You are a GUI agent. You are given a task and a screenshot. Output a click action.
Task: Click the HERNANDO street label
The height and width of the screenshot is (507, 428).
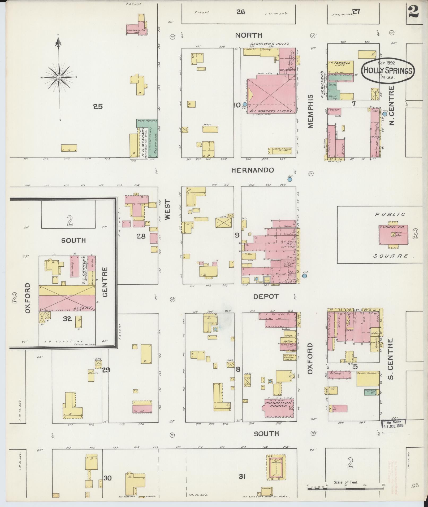252,170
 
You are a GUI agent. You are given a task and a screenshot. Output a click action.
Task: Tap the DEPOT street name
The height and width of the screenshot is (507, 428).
266,297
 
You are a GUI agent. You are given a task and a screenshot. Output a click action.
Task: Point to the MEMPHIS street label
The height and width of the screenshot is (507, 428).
311,111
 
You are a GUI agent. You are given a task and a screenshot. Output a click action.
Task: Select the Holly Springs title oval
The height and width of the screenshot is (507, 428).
388,70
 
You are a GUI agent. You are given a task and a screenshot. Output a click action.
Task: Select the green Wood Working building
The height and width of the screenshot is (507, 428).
147,122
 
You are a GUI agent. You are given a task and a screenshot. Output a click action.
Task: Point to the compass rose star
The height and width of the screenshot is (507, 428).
59,77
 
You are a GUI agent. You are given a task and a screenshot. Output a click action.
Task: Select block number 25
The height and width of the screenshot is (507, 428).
98,107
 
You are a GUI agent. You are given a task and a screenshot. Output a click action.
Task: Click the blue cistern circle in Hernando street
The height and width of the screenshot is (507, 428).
290,179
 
